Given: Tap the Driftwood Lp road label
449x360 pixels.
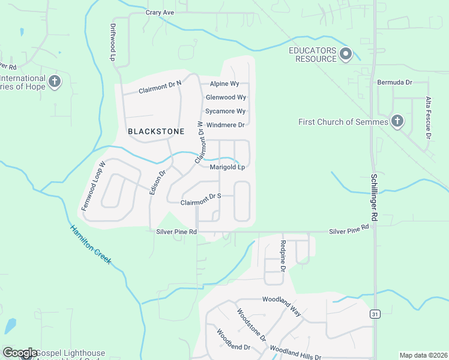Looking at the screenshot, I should [112, 43].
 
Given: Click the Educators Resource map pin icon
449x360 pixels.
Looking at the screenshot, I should [345, 55].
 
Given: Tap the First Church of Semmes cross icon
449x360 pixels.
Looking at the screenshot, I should [396, 122].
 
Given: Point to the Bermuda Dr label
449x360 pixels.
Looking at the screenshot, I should [394, 82].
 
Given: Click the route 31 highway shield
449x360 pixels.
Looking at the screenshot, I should [375, 314].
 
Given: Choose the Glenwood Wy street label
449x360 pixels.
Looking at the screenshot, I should [226, 97].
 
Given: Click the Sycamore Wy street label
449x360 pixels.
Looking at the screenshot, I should [225, 111].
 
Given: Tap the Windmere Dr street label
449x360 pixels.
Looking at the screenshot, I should [225, 125].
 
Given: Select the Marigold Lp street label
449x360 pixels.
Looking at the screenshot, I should [228, 167].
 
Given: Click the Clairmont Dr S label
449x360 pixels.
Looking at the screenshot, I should [201, 200].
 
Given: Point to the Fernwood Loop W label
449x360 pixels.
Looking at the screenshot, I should [94, 185].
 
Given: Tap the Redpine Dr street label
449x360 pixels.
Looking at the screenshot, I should [283, 254].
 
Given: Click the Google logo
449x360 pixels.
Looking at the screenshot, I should [20, 353].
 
